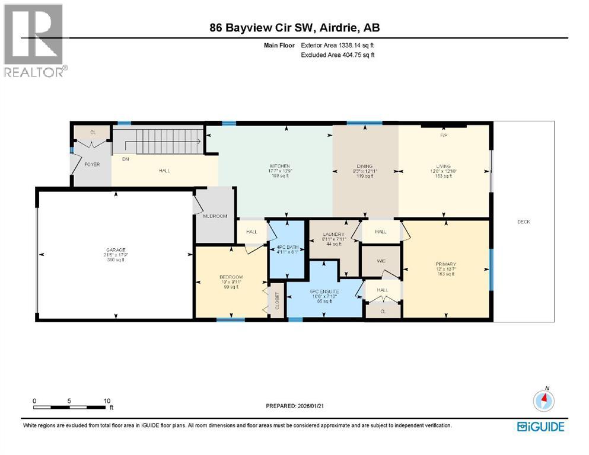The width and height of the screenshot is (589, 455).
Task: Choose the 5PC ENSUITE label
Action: [324, 291]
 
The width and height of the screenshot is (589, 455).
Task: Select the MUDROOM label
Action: [215, 216]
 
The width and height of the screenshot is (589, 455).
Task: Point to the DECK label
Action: [523, 222]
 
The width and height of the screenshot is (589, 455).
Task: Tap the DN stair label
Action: [125, 159]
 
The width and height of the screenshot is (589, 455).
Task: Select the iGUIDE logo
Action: [540, 426]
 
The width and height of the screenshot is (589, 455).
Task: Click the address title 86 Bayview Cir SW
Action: [294, 27]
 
